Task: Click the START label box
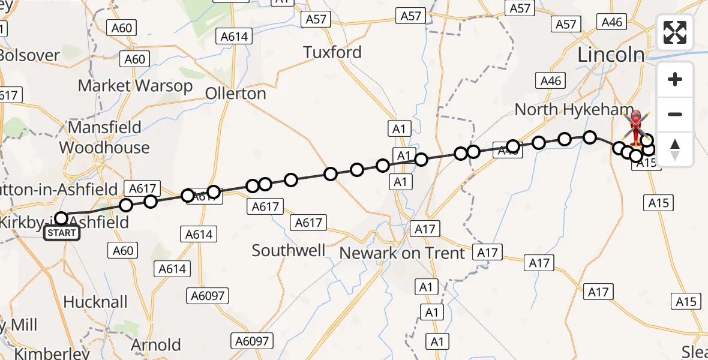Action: pos(62,233)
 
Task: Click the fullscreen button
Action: pos(675,32)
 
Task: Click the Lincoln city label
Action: pos(610,55)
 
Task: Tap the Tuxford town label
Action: pos(332,52)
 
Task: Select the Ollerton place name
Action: pos(235,94)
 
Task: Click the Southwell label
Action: pos(289,250)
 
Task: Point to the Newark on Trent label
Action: pos(402,253)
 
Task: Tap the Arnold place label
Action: pos(156,345)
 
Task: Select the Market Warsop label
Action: pos(136,86)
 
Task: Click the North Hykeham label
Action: pos(574,110)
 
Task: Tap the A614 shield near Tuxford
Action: pos(234,37)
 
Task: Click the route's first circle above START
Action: pos(61,218)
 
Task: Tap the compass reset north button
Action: pos(675,149)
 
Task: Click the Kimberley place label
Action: pos(51,353)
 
